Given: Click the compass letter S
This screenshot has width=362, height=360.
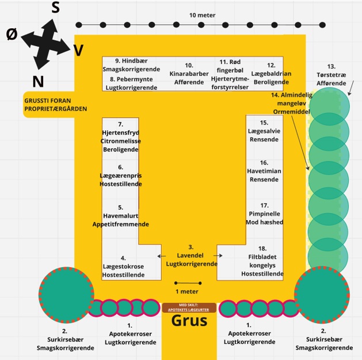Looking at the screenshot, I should (x=56, y=7).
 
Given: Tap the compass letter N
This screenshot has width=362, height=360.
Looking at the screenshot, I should (x=39, y=80).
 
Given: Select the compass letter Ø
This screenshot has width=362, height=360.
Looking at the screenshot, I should (x=12, y=35).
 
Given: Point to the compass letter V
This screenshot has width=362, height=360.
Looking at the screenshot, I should (x=79, y=51).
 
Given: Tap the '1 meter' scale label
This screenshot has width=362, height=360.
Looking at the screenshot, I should (x=188, y=291).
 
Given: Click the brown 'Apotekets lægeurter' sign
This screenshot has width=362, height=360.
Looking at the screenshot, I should (x=189, y=308).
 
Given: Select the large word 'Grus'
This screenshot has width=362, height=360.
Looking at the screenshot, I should (x=189, y=321).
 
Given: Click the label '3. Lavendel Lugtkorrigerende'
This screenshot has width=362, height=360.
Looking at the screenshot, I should (x=191, y=255).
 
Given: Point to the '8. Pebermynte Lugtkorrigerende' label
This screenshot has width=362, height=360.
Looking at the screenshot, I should (x=131, y=83).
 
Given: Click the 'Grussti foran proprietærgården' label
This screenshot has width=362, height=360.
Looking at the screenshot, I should (x=55, y=104).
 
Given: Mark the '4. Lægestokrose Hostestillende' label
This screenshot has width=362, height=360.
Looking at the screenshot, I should (x=123, y=267).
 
